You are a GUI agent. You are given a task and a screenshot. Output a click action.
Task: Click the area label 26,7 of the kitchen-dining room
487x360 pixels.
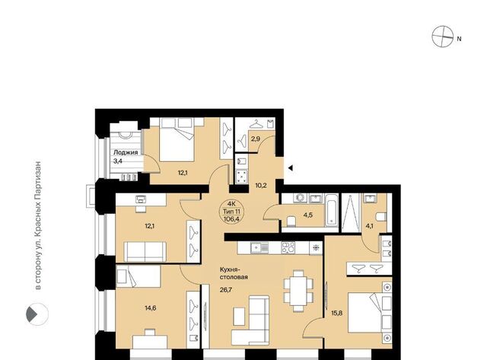tap(226, 290)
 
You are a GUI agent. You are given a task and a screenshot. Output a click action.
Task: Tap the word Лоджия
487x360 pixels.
tap(126, 152)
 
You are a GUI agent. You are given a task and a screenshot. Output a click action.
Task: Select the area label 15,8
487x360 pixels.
tap(336, 313)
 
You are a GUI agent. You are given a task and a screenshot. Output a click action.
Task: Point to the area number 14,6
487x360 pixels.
tap(151, 307)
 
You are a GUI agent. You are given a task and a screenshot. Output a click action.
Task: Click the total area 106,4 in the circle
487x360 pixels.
tap(231, 218)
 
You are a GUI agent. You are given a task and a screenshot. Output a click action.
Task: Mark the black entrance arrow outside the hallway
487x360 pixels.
tap(291, 168)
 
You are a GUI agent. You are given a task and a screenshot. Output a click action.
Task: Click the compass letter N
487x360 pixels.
tap(459, 39)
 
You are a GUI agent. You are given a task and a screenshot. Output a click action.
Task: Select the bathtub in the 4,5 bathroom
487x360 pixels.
tap(332, 210)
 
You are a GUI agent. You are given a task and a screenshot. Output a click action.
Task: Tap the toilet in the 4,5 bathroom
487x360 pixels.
tap(291, 221)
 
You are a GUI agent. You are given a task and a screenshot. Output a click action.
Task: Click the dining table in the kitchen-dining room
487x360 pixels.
tap(298, 291)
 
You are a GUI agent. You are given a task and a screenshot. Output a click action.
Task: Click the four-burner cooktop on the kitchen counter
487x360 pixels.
tap(288, 247)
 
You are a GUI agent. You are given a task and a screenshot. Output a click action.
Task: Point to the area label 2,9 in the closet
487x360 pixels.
tap(256, 139)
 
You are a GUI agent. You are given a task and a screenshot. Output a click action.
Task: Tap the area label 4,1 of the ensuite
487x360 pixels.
tap(369, 226)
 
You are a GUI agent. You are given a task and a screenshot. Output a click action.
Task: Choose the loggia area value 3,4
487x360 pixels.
tap(118, 161)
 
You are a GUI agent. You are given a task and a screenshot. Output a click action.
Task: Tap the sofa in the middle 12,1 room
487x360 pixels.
tap(145, 252)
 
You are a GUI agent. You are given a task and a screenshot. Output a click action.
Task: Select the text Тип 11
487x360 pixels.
tap(231, 212)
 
